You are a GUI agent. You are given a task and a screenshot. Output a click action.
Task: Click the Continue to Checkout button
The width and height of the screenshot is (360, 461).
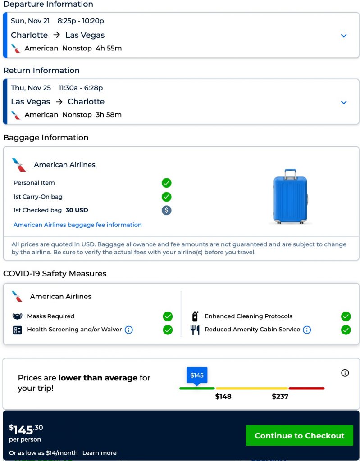[x=299, y=435]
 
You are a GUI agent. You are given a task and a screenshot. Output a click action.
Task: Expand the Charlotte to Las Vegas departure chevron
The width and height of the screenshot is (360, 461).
[x=344, y=36]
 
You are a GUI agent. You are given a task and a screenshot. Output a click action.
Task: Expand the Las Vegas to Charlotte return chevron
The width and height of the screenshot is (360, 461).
[x=344, y=102]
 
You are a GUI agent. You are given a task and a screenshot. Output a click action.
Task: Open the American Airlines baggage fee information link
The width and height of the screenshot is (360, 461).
[x=77, y=225]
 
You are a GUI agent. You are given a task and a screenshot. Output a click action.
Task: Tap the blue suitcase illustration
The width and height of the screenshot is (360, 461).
[x=290, y=197]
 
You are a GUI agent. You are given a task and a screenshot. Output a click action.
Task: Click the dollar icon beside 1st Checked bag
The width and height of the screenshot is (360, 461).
[x=167, y=210]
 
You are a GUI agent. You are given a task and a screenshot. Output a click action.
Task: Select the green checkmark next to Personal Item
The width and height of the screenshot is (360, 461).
[x=167, y=183]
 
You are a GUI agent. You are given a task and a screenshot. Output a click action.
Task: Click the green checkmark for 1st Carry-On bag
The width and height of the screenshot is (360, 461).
[x=167, y=197]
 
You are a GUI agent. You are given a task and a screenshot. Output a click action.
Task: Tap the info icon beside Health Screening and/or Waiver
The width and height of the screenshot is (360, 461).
[x=128, y=330]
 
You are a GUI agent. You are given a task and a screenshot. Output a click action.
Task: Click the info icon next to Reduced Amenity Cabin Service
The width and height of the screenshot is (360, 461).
[x=307, y=330]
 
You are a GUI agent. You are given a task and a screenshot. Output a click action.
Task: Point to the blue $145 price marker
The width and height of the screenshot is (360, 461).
[x=197, y=375]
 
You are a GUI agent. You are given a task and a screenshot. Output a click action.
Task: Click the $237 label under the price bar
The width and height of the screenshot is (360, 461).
[x=280, y=397]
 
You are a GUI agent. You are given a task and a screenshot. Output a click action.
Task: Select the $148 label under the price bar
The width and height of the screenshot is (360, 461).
[x=223, y=397]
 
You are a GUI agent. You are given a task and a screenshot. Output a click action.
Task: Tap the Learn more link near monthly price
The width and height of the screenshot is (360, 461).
[x=99, y=453]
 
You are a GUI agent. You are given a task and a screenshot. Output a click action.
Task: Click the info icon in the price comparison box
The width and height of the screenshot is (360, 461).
[x=345, y=373]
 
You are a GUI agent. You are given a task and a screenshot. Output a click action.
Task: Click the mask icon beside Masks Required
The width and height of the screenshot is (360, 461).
[x=18, y=316]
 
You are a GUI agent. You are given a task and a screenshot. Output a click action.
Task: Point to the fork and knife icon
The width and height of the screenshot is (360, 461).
[x=195, y=330]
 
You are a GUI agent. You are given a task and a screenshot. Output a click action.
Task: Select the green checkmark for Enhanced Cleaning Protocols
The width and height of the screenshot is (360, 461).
[x=346, y=316]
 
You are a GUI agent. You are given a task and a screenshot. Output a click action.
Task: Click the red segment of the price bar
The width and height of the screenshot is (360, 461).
[x=306, y=388]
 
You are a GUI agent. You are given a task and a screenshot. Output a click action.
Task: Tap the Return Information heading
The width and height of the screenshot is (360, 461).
[x=41, y=71]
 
